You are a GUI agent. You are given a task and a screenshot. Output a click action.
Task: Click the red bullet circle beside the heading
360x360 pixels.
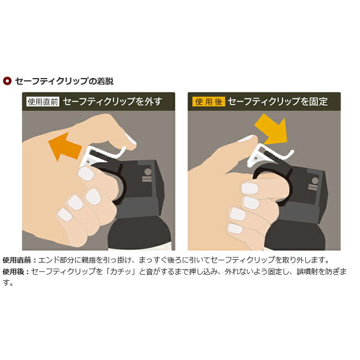tap(7, 81)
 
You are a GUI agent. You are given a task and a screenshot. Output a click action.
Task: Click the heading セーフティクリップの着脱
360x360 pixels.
tap(64, 81)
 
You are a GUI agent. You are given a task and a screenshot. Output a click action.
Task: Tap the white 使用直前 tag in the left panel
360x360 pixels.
tap(43, 101)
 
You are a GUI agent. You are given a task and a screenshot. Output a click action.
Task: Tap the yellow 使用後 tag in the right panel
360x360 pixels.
tap(209, 101)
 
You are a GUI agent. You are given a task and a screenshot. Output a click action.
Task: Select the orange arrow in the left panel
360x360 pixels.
tap(65, 147)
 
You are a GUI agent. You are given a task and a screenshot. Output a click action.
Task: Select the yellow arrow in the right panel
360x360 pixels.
tap(271, 129)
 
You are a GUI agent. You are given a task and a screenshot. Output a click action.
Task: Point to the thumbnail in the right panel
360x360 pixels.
tap(245, 138)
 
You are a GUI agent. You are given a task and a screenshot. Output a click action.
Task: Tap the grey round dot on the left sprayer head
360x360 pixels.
tap(148, 172)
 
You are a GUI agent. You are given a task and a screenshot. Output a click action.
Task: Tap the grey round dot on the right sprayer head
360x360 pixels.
tap(315, 181)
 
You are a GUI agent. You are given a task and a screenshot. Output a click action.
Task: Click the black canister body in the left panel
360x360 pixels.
tap(140, 233)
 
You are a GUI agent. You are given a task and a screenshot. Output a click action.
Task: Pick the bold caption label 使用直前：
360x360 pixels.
tap(20, 260)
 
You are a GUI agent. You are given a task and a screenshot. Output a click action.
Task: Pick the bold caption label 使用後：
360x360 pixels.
tap(16, 271)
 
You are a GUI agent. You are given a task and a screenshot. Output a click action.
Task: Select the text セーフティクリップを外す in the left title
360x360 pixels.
tap(112, 101)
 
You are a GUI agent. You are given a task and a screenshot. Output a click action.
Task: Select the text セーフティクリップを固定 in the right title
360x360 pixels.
tap(278, 101)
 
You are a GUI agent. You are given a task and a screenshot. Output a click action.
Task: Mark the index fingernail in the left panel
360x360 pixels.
tap(86, 173)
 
